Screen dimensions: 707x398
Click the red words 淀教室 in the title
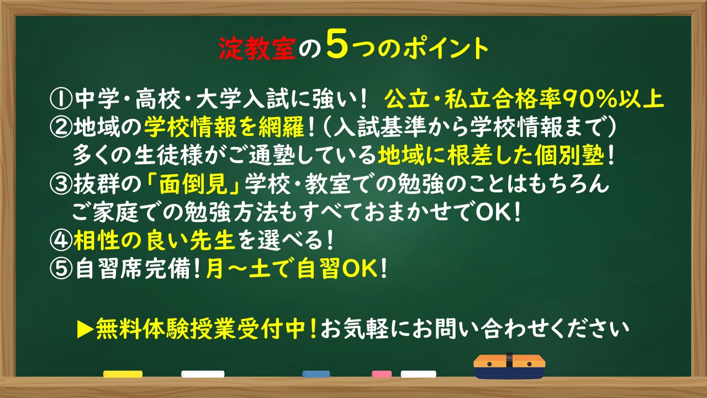(x=257, y=49)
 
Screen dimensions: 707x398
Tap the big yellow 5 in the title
(x=337, y=45)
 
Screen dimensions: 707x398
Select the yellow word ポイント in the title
(x=446, y=49)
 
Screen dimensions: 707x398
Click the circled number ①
(x=60, y=99)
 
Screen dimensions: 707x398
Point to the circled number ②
(x=60, y=127)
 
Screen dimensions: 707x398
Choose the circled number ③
(x=60, y=184)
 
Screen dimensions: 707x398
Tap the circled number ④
(x=60, y=240)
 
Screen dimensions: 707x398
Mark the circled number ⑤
(x=60, y=269)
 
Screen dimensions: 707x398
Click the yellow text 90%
(x=589, y=99)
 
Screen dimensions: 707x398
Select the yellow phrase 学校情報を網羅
(x=224, y=127)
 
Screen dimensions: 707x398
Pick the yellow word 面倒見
(x=193, y=184)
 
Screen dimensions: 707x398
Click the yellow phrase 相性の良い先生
(x=154, y=240)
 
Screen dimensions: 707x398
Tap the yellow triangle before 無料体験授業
(x=85, y=330)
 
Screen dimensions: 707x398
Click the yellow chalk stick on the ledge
(x=123, y=374)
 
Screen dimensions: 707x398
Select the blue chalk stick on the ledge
(x=316, y=374)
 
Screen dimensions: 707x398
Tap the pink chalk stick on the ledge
(x=382, y=374)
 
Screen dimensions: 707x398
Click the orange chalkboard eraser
(x=509, y=366)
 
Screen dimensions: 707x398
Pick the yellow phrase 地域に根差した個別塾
(x=491, y=155)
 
